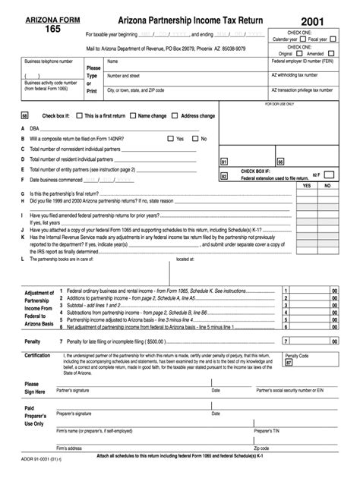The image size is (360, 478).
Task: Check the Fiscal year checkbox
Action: coord(332,39)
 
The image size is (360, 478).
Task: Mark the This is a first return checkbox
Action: coord(80,115)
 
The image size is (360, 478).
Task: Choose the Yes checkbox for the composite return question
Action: coord(171,139)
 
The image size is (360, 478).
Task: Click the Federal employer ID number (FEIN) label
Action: coord(302,61)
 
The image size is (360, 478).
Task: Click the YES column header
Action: coord(306,184)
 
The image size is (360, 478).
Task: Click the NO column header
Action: coord(327,184)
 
